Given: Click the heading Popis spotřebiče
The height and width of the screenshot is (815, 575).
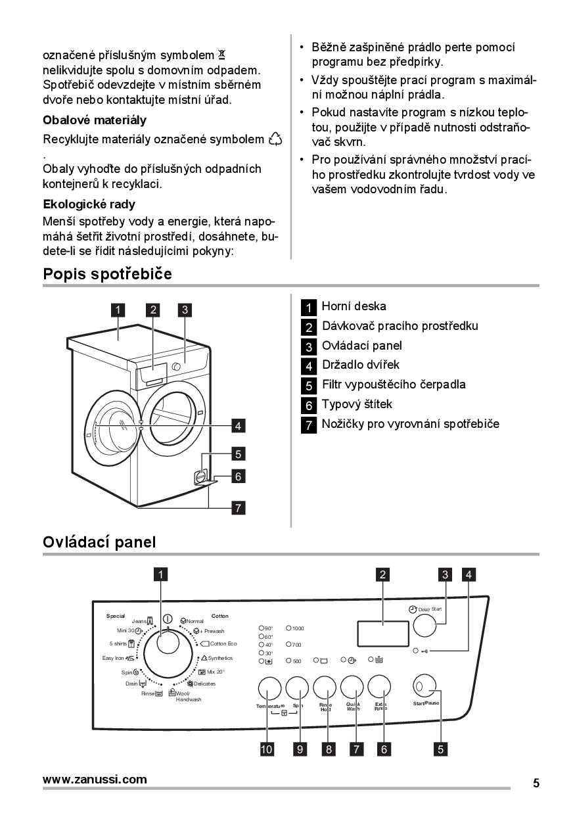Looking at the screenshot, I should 107,274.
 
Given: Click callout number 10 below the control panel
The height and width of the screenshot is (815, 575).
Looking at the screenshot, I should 267,748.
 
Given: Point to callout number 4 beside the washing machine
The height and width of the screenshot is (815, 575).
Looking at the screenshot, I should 239,425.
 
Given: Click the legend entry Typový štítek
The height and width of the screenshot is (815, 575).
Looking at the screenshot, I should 356,404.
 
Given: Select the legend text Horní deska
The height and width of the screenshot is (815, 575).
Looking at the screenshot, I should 354,306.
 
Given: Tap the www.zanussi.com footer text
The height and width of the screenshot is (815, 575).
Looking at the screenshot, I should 95,780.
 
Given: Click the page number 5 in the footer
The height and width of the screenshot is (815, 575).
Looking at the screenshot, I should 536,783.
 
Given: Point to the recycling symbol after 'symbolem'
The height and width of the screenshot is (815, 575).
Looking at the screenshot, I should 275,139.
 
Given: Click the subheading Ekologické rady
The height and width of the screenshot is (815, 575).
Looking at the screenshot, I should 89,204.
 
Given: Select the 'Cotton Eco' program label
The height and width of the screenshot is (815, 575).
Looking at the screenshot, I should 223,644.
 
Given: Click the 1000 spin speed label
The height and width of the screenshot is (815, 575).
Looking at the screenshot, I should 298,629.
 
